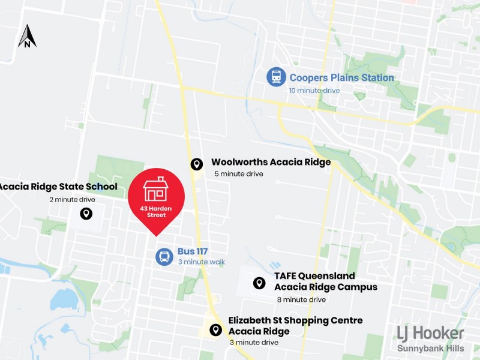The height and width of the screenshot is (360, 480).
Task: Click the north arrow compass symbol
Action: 27,36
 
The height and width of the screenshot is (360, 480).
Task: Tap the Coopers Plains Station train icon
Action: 276,77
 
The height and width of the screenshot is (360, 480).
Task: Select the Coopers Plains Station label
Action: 341,77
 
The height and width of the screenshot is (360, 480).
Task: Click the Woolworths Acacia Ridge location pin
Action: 196,164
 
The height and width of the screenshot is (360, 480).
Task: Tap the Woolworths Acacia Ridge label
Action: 271,162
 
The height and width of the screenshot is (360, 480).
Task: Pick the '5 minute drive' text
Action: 239,174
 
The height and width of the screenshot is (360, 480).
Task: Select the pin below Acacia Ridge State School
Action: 86,214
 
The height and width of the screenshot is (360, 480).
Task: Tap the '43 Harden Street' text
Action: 156,211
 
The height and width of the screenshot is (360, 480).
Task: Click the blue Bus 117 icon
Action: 164,257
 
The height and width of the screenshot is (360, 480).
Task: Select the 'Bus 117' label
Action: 192,252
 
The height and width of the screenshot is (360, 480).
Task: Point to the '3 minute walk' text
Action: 201,262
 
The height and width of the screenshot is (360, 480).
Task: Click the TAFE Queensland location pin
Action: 259,283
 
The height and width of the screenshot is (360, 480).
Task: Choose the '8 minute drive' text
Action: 301,299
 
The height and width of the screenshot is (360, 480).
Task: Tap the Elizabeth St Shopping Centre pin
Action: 215,329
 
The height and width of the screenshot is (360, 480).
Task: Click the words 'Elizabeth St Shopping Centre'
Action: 295,320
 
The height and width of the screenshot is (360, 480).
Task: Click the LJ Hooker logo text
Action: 431,333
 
